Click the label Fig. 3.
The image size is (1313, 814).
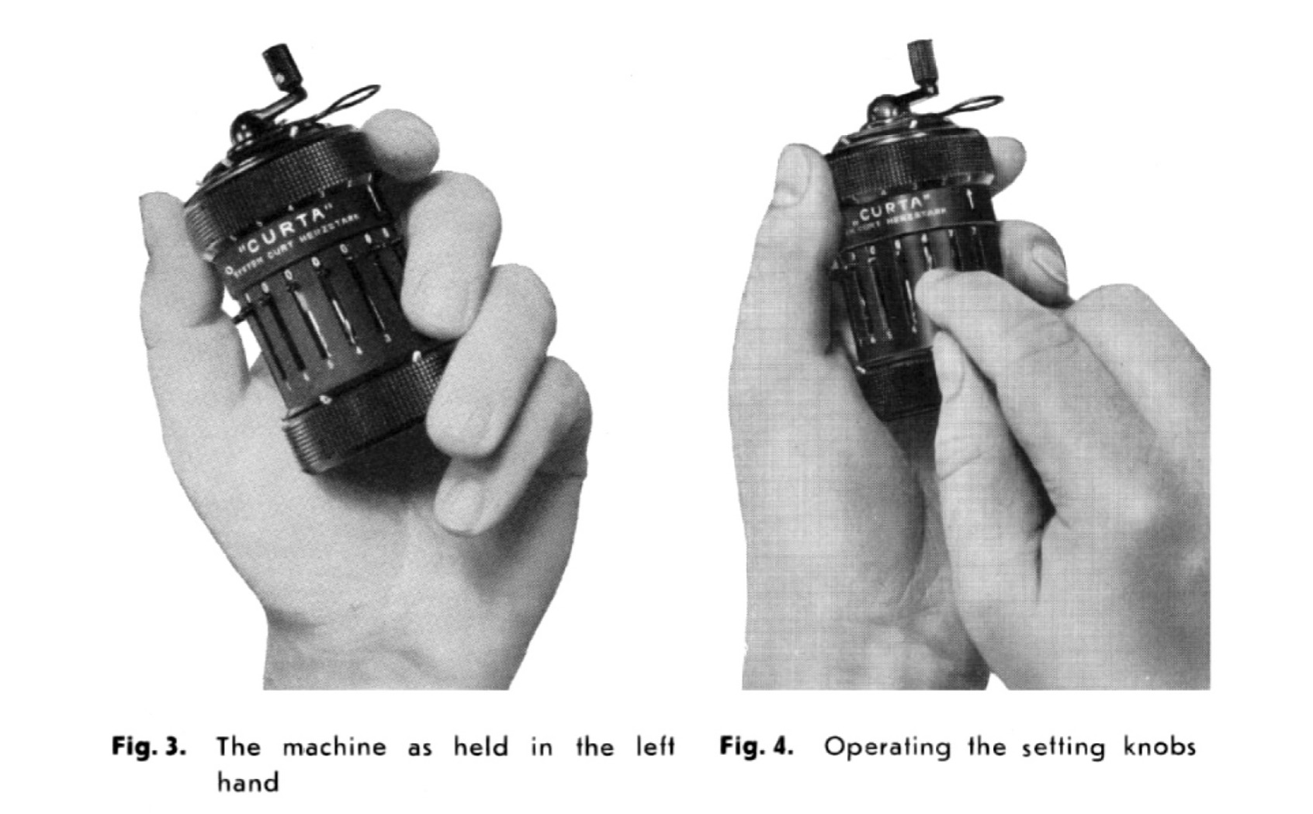(x=149, y=747)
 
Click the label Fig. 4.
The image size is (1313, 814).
(x=756, y=747)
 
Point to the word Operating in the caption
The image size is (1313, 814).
(x=886, y=748)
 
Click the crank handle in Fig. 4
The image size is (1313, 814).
(x=920, y=58)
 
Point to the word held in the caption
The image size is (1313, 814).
(x=480, y=747)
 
